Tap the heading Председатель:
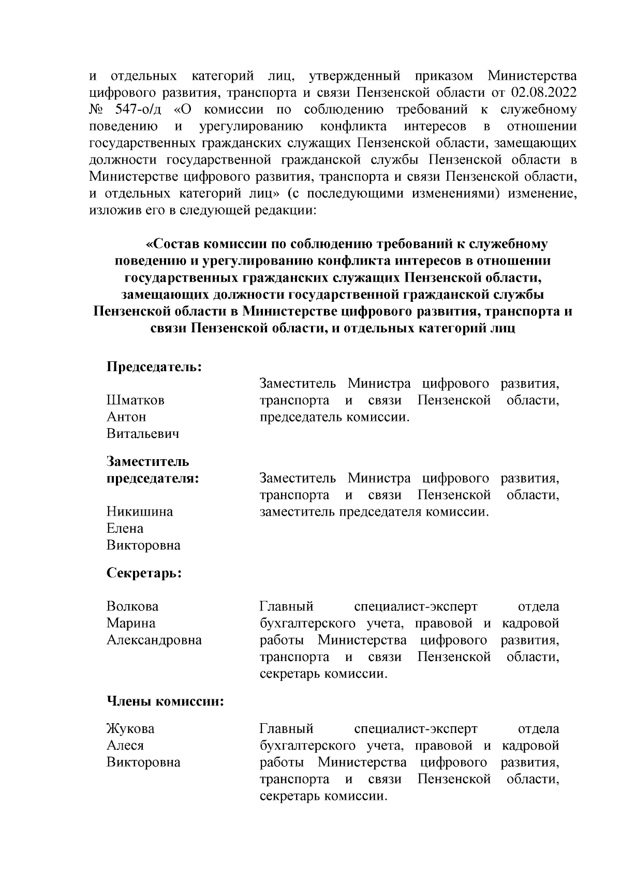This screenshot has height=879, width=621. tap(154, 367)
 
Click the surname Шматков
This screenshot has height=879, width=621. tap(136, 400)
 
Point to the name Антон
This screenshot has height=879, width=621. tap(126, 417)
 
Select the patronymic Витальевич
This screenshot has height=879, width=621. tap(143, 434)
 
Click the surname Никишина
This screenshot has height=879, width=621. tap(140, 511)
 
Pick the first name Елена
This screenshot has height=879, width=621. tap(125, 529)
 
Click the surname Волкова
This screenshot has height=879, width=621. tap(132, 606)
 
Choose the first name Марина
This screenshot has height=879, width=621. tap(131, 623)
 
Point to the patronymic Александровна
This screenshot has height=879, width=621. tap(154, 640)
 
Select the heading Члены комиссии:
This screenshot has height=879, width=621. tap(165, 702)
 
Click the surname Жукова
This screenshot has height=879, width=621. tap(130, 729)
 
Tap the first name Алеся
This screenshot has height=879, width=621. tap(125, 745)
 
